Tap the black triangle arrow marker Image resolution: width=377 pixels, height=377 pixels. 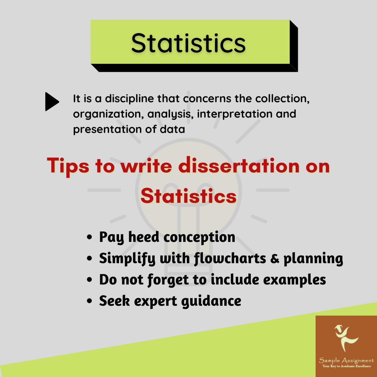pyautogui.click(x=52, y=102)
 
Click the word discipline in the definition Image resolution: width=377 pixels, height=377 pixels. pyautogui.click(x=127, y=99)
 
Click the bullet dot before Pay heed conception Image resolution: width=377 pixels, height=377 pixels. pyautogui.click(x=90, y=237)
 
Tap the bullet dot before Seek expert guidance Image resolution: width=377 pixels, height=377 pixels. pyautogui.click(x=90, y=301)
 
